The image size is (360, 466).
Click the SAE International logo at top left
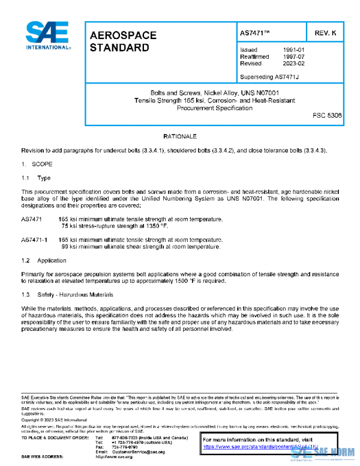(47, 35)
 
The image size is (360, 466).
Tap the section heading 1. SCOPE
(37, 163)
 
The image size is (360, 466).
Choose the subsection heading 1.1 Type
(36, 178)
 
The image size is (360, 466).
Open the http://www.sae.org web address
(114, 457)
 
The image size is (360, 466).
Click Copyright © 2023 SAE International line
(54, 420)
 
